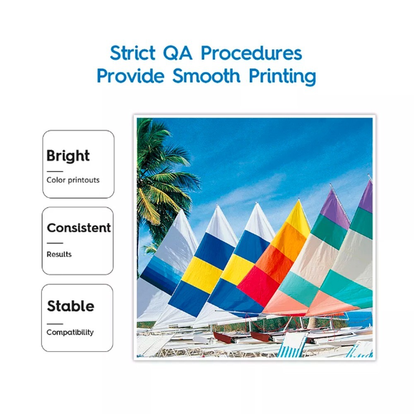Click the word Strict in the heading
click(132, 53)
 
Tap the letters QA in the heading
click(178, 53)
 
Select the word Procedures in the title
click(251, 53)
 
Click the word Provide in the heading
click(130, 76)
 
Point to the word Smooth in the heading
click(207, 76)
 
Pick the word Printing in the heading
click(282, 77)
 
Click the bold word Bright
click(68, 156)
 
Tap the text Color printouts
click(73, 180)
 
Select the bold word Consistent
click(79, 228)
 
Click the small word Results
click(59, 254)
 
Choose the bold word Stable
click(70, 306)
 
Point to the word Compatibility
click(70, 332)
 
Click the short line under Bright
click(55, 171)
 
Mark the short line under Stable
click(55, 324)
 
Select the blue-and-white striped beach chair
click(292, 345)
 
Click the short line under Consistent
click(55, 243)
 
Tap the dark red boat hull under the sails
click(223, 337)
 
